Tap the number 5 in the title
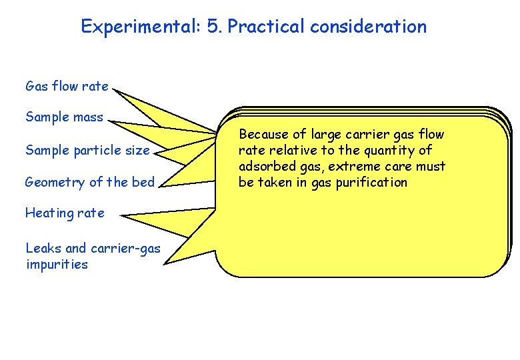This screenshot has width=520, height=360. [x=214, y=27]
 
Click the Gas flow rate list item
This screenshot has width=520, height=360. [x=66, y=86]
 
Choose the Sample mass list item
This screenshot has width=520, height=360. [x=64, y=117]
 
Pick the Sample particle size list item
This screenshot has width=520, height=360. [x=87, y=150]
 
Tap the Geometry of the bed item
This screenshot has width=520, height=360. [x=89, y=182]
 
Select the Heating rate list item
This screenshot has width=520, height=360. [x=65, y=213]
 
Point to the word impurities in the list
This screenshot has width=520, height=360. [x=57, y=265]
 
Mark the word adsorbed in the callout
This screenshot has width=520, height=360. [x=264, y=167]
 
